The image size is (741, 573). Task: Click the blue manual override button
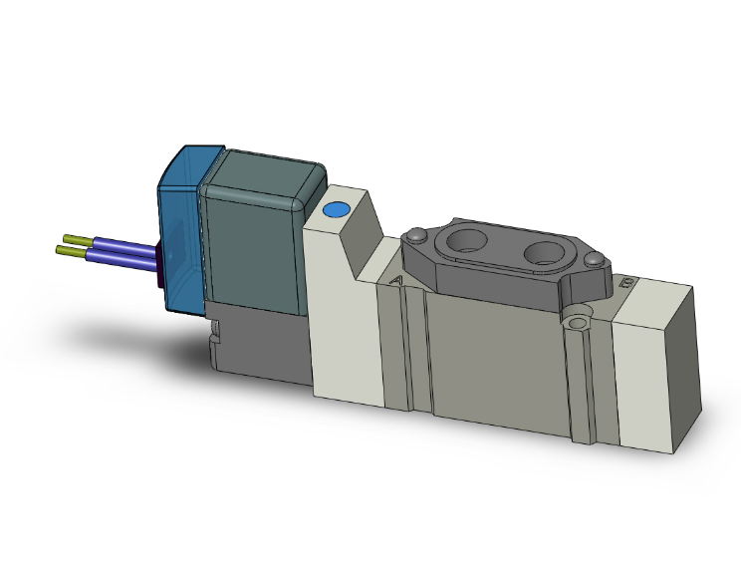(335, 210)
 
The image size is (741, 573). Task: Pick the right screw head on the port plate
(596, 260)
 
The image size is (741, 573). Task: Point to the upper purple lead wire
(124, 244)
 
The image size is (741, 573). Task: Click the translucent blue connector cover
(179, 229)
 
